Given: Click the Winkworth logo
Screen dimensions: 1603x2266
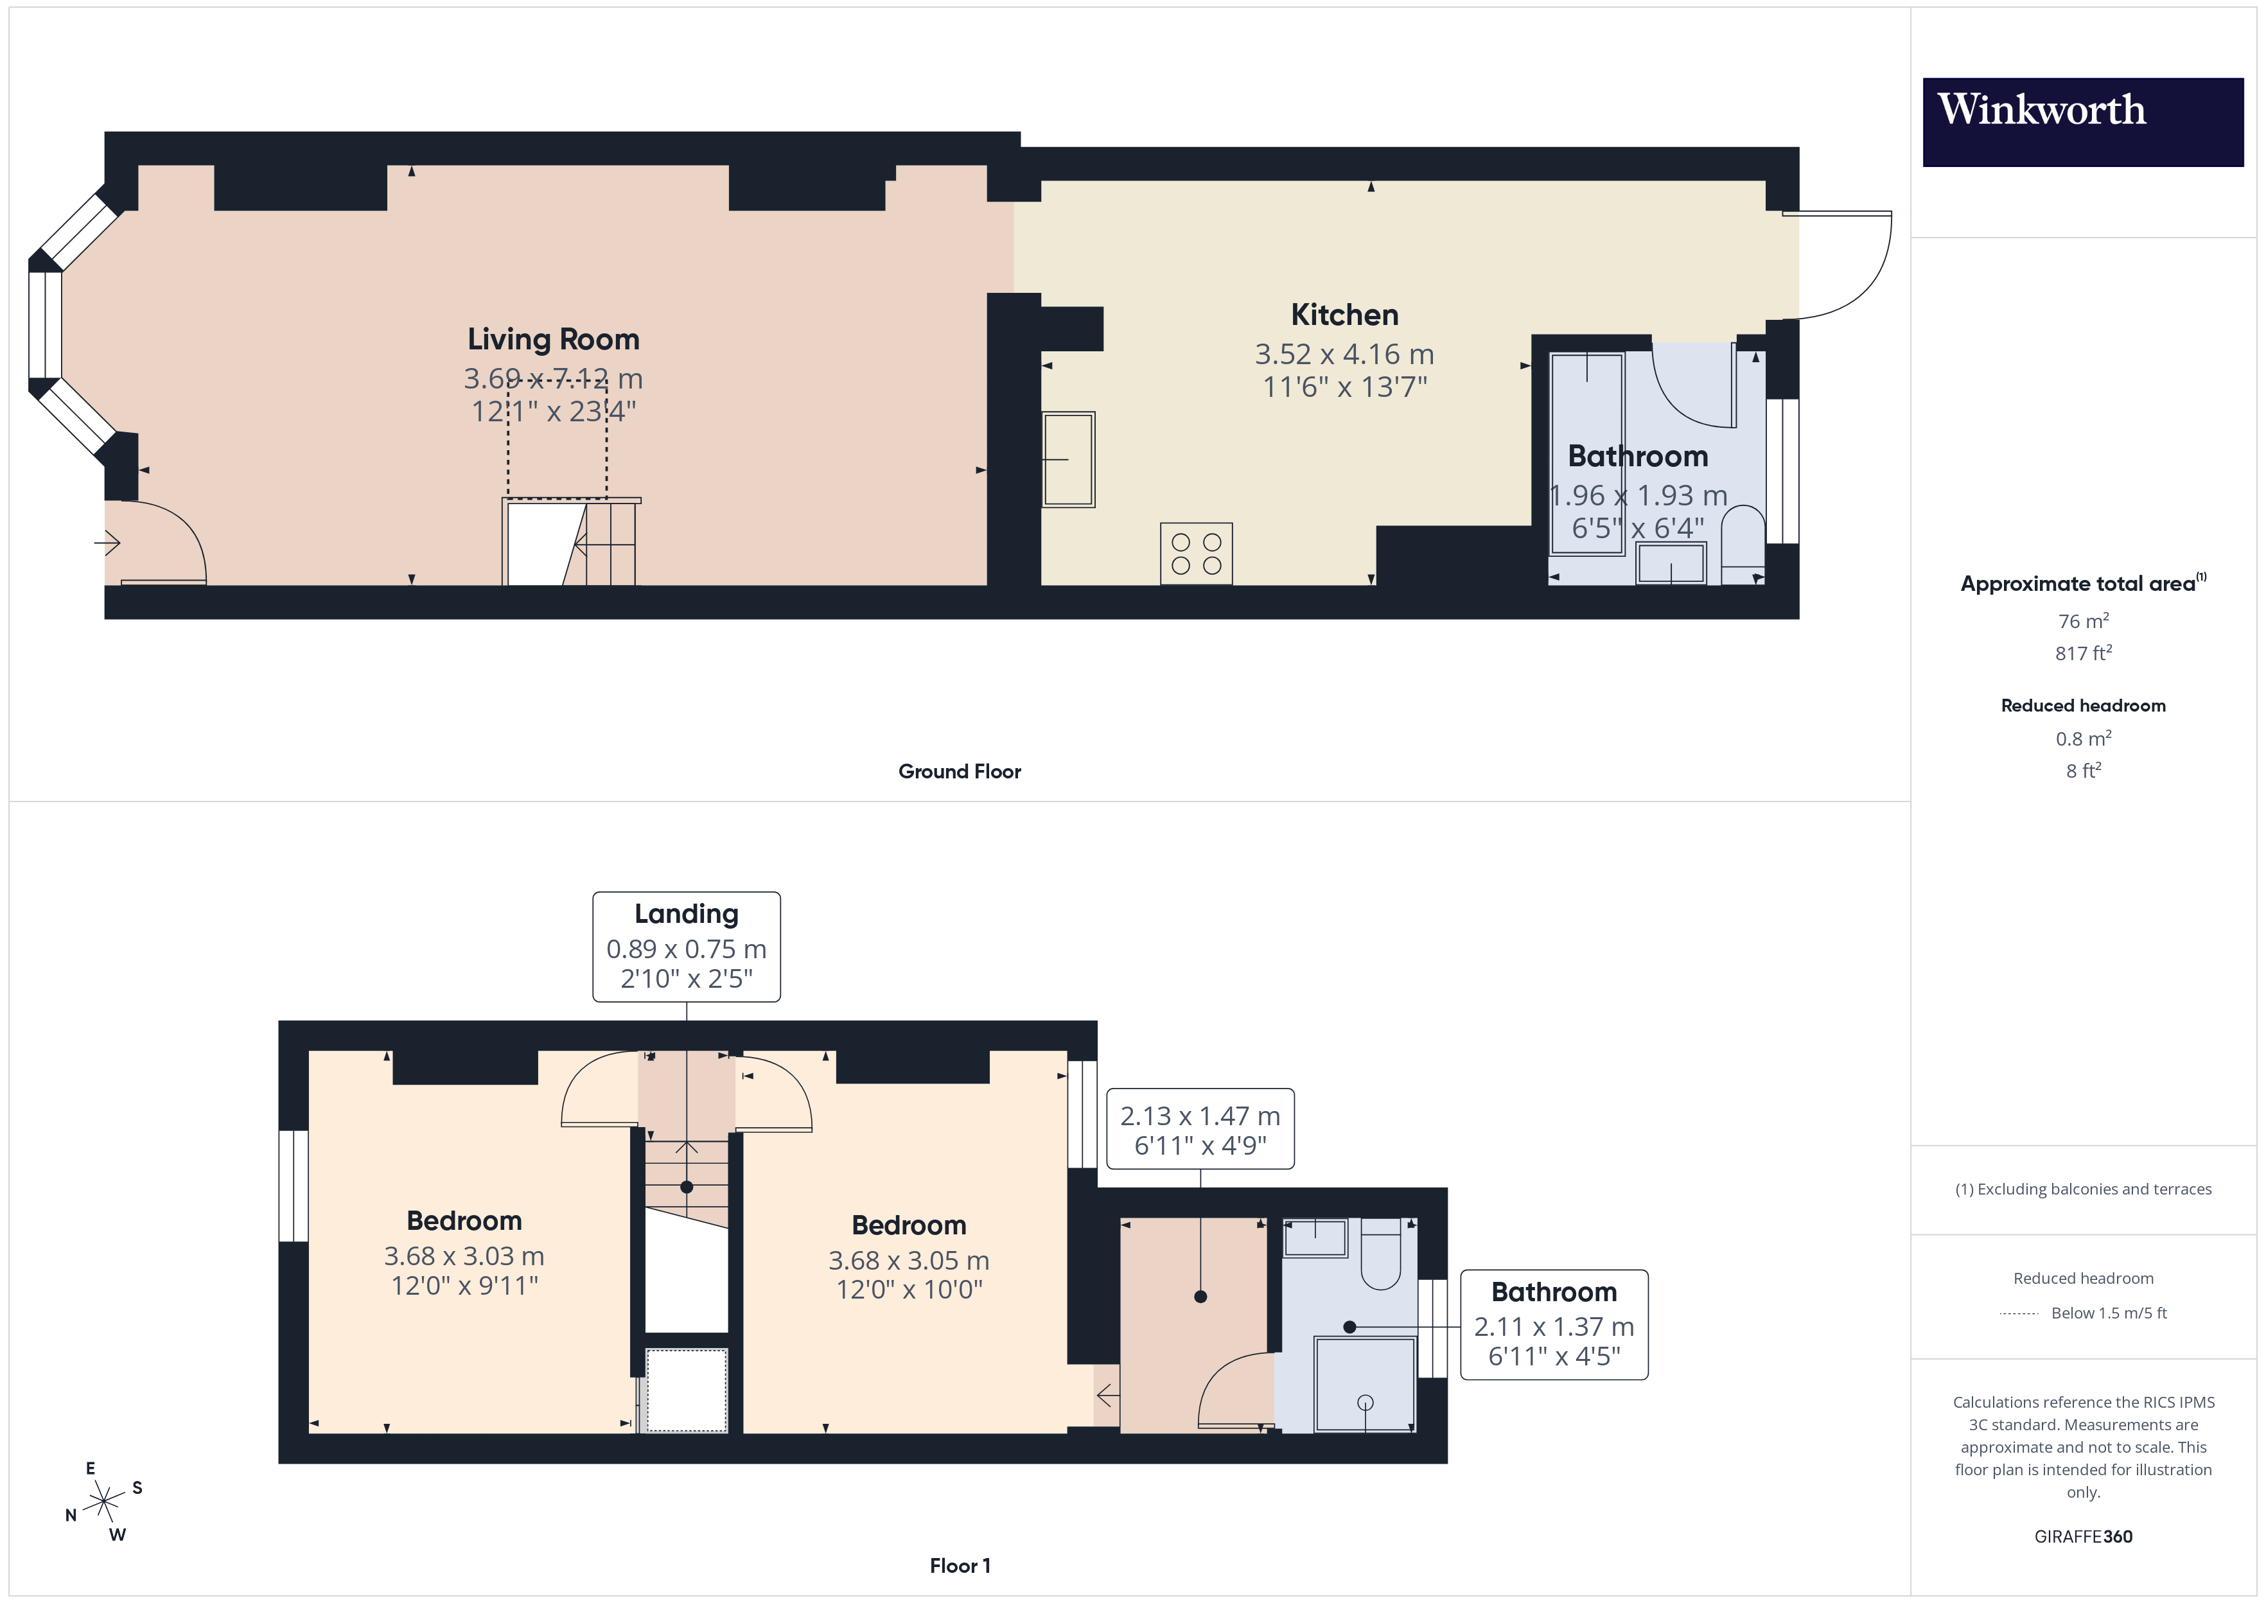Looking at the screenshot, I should (2082, 121).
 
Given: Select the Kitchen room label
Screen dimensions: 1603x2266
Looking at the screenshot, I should (1344, 315).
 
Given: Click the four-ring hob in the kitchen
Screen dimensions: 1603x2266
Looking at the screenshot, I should (1196, 554).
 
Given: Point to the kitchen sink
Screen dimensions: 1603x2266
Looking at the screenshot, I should (1068, 460).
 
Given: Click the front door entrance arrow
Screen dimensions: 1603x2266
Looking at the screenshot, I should (107, 543).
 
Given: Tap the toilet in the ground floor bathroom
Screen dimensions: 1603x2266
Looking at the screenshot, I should (1742, 545).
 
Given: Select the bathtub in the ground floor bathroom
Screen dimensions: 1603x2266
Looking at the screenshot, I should (1586, 454).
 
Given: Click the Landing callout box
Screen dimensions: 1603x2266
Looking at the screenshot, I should (686, 947).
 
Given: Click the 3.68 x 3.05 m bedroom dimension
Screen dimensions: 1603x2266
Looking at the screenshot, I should (908, 1261).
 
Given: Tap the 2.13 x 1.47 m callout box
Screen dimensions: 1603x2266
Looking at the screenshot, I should (1199, 1129).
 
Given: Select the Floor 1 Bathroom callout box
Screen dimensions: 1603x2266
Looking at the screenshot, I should (1554, 1324).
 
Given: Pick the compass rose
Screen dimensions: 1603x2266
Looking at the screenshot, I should (103, 1502).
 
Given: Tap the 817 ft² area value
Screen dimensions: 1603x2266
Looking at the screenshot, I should (2082, 653).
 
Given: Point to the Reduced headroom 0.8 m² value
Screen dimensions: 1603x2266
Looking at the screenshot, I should (2082, 739).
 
